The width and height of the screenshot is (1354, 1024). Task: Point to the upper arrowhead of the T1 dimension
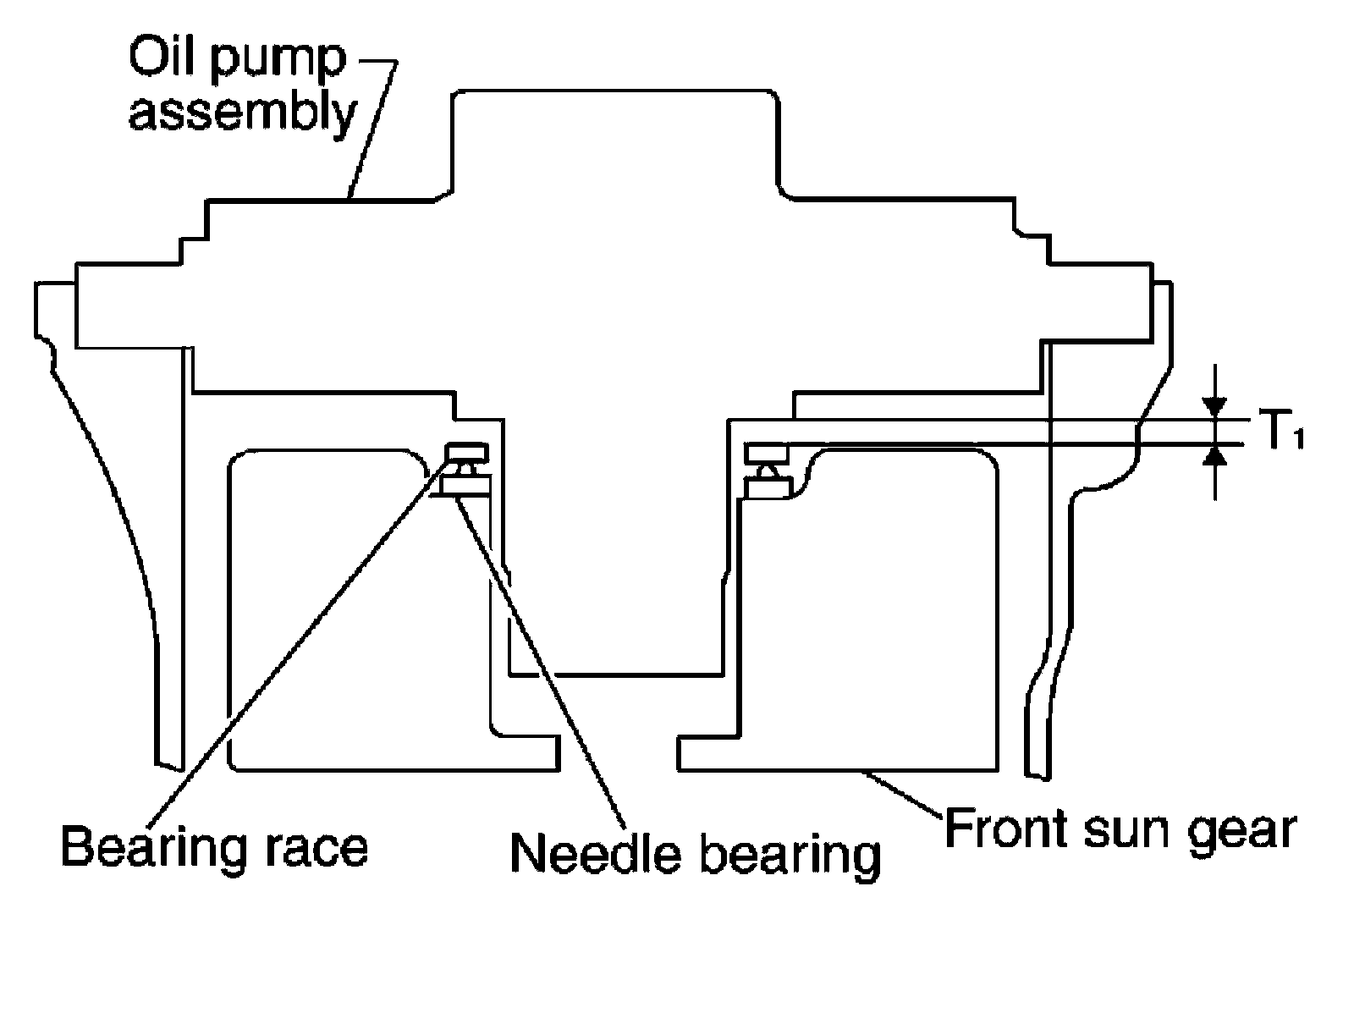point(1215,407)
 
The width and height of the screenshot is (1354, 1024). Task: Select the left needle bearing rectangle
point(464,485)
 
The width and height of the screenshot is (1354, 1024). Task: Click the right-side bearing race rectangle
point(766,452)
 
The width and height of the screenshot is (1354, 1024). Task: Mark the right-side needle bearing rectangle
point(766,487)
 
